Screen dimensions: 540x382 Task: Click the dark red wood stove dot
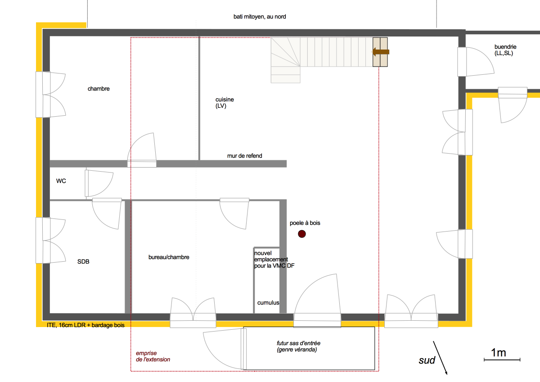(x=302, y=234)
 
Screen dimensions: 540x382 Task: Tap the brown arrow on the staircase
(x=380, y=52)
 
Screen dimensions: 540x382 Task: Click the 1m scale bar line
(x=502, y=360)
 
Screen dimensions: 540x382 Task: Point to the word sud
(x=427, y=360)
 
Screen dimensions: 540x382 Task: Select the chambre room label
(x=99, y=89)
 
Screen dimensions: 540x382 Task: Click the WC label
(x=61, y=181)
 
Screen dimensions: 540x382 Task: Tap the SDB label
(x=83, y=262)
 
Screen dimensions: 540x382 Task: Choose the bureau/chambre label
(x=169, y=257)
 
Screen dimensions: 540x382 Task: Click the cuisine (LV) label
(x=225, y=103)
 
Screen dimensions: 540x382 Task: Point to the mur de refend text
(x=245, y=156)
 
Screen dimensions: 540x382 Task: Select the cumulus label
(x=268, y=303)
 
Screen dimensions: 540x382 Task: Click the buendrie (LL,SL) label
(x=505, y=50)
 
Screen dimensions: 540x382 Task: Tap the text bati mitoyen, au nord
(x=260, y=17)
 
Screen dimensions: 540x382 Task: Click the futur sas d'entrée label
(x=299, y=346)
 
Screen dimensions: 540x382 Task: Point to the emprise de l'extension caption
(x=153, y=356)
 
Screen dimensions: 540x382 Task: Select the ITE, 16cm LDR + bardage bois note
(x=85, y=325)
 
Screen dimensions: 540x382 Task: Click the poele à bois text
(x=305, y=223)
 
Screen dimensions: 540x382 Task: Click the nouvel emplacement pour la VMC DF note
(x=274, y=259)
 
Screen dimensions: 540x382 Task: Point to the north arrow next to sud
(x=440, y=358)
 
